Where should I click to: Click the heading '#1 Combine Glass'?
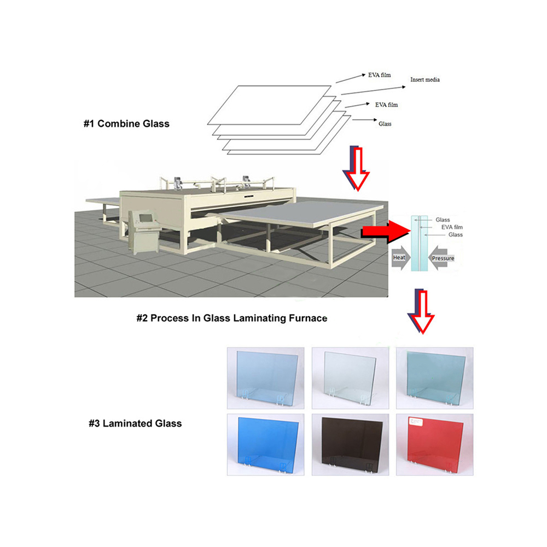tap(126, 124)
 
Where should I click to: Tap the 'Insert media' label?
tap(425, 79)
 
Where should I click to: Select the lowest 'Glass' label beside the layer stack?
tap(385, 124)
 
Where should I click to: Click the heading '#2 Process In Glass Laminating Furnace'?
tap(231, 318)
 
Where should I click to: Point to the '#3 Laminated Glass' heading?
tap(135, 423)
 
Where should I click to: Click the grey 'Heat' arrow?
tap(401, 258)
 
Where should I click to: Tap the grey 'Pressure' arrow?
tap(441, 258)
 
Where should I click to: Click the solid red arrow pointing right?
tap(386, 231)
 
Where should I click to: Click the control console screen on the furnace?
tap(146, 218)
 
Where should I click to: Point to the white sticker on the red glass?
tap(416, 421)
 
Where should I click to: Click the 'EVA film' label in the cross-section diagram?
tap(452, 227)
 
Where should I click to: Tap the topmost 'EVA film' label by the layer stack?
tap(380, 75)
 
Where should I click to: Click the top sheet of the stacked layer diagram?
tap(269, 105)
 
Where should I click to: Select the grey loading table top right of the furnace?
tap(296, 213)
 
